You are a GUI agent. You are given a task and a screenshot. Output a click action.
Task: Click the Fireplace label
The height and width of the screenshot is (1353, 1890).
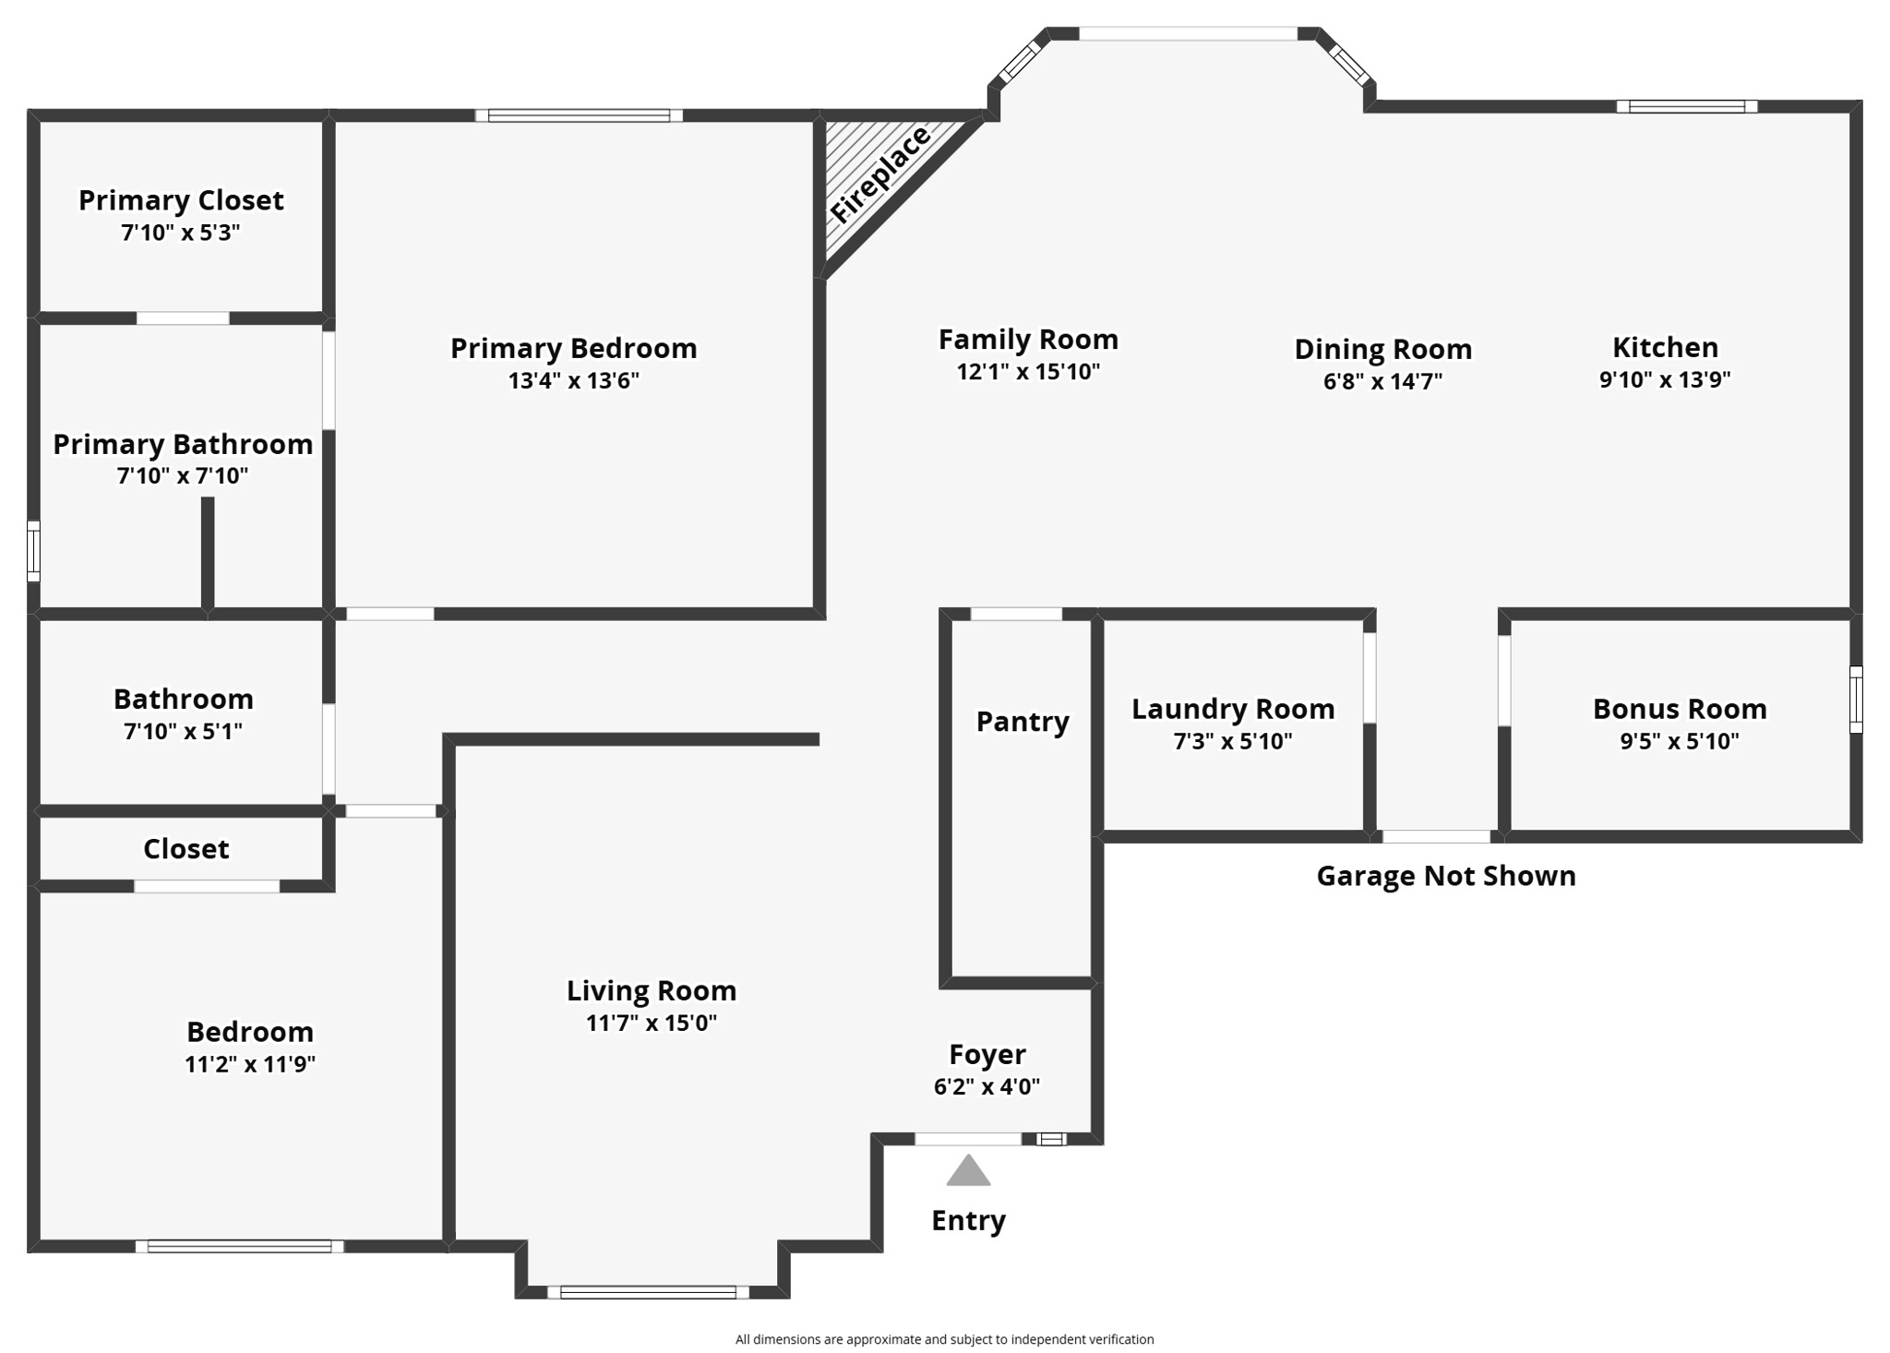[879, 174]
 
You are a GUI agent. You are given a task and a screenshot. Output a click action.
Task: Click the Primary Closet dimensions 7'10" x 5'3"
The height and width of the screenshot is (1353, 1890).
[181, 233]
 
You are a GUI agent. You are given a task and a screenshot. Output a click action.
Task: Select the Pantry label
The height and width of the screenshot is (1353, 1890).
[1023, 721]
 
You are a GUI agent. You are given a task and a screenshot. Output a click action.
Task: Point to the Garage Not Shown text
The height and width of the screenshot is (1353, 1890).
[1445, 876]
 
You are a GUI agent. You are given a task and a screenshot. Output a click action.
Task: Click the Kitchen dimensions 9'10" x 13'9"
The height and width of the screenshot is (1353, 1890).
[1664, 379]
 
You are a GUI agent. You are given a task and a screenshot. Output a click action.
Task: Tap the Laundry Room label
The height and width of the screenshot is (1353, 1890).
[1233, 709]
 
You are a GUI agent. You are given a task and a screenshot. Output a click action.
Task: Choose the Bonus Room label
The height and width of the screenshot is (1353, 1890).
[1680, 709]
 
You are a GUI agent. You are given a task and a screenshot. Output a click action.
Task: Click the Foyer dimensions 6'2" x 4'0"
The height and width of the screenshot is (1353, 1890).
[987, 1086]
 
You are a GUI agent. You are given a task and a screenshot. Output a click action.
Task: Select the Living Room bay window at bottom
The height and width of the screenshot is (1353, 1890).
[648, 1292]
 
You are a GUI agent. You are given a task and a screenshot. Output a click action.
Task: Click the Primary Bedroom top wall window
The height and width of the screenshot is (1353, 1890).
[579, 115]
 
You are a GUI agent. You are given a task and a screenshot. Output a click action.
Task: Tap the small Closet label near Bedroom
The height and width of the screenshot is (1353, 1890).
[185, 849]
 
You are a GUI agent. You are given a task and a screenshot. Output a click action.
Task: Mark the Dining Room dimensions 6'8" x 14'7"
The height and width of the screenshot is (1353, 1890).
[1382, 381]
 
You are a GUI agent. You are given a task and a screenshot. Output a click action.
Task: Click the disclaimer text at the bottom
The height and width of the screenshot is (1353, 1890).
[944, 1339]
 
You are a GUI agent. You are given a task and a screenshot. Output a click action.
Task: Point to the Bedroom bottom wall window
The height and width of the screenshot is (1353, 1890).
[239, 1246]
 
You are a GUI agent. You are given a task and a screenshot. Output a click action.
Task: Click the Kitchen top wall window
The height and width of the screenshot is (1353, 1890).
[1686, 106]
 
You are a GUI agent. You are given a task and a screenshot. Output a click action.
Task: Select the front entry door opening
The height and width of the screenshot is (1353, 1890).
[968, 1139]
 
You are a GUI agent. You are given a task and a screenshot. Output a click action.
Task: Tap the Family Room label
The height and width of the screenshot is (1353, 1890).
[1028, 340]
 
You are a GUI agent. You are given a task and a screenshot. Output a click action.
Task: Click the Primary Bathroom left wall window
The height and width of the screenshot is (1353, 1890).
[33, 551]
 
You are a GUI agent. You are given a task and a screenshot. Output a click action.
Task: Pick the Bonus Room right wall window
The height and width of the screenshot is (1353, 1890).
[1856, 700]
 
